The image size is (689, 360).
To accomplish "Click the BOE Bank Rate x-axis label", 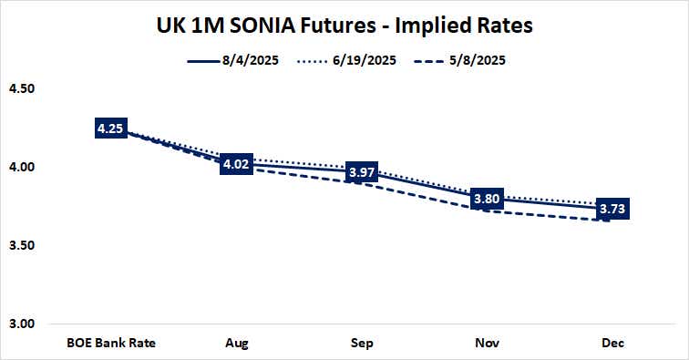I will pos(111,344).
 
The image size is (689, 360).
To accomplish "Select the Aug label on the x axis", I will pos(237,344).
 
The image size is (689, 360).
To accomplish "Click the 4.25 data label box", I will pos(110,129).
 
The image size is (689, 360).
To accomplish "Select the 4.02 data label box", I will pos(236,165).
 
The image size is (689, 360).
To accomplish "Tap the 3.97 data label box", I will pos(362,173).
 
